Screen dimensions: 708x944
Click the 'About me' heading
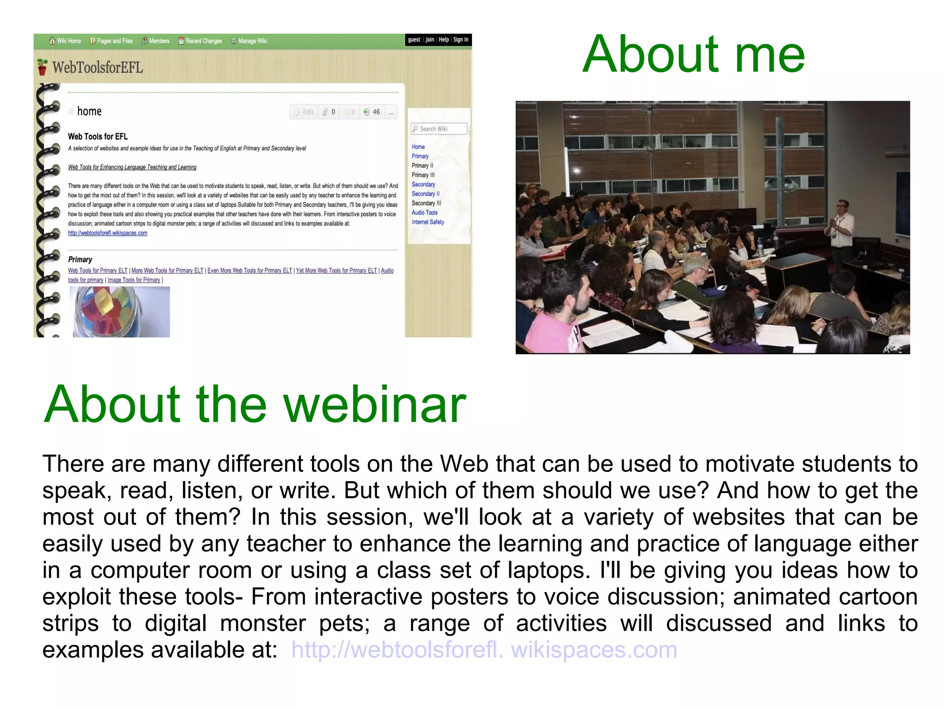click(693, 54)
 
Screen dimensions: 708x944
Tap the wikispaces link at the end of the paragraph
click(484, 649)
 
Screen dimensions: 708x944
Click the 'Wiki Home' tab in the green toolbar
click(65, 41)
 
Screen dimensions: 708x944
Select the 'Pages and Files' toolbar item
click(112, 41)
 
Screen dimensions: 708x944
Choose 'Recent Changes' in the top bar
click(201, 41)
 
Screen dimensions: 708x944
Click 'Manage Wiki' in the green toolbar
click(249, 41)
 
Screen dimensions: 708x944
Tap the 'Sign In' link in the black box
click(460, 40)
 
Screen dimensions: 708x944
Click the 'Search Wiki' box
click(439, 129)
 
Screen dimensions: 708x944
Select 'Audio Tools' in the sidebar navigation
click(425, 213)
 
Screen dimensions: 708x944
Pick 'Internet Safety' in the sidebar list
click(428, 222)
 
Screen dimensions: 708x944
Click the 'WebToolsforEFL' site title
click(97, 67)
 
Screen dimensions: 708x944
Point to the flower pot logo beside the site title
click(42, 67)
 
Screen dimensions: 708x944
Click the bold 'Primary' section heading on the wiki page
click(80, 260)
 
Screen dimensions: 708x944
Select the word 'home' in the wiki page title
click(89, 111)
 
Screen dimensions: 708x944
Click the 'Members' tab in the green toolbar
click(155, 41)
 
